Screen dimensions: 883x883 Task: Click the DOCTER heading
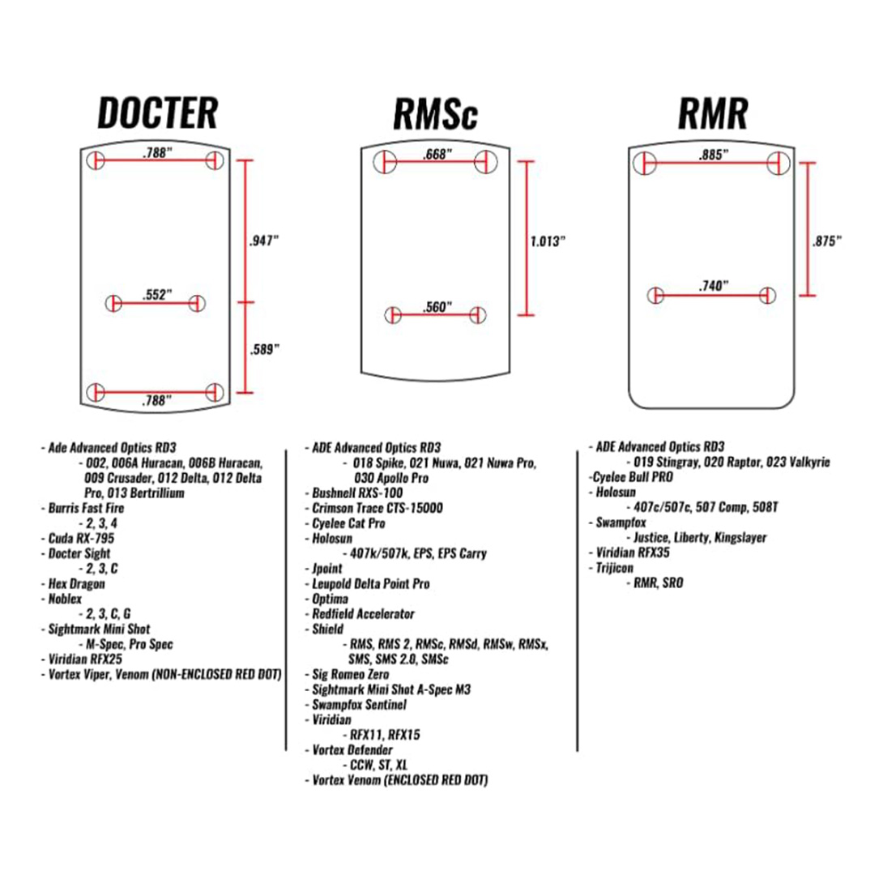coord(158,113)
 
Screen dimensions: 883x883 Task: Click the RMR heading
coord(712,115)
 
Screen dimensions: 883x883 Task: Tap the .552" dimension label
coord(156,296)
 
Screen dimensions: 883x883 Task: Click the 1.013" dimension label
coord(547,241)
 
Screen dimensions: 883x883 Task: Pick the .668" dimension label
coord(437,154)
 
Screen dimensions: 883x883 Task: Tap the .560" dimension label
coord(437,307)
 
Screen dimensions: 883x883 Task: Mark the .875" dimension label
coord(827,241)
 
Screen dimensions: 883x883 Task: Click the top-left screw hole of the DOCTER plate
coord(96,160)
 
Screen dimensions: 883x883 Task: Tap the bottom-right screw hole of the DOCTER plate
coord(215,392)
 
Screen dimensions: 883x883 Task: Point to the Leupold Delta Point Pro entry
coord(371,583)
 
